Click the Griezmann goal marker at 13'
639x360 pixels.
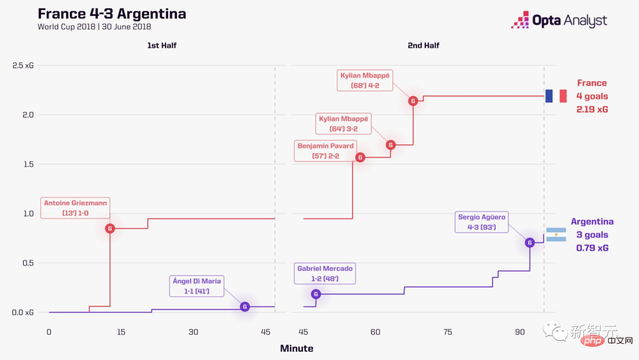pyautogui.click(x=109, y=229)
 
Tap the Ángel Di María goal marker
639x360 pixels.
pyautogui.click(x=245, y=306)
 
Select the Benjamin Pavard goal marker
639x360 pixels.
pyautogui.click(x=360, y=157)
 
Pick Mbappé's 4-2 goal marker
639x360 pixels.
pyautogui.click(x=413, y=101)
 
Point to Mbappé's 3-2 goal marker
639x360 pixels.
pyautogui.click(x=390, y=144)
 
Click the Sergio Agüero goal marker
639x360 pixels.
pyautogui.click(x=530, y=242)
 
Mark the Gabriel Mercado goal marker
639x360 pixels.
pyautogui.click(x=316, y=294)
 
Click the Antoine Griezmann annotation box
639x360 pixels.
pyautogui.click(x=76, y=208)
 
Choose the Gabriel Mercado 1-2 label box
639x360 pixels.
pyautogui.click(x=325, y=274)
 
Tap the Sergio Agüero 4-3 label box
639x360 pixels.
pyautogui.click(x=482, y=222)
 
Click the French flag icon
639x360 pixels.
pyautogui.click(x=556, y=96)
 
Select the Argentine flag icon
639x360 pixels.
pyautogui.click(x=556, y=234)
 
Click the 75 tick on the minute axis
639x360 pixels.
pyautogui.click(x=448, y=332)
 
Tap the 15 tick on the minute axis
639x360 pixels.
pyautogui.click(x=121, y=332)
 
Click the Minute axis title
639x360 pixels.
pyautogui.click(x=296, y=348)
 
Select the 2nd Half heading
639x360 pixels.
pyautogui.click(x=424, y=46)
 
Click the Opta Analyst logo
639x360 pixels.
pyautogui.click(x=559, y=21)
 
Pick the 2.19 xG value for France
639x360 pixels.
pyautogui.click(x=592, y=110)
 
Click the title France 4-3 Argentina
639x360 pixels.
pyautogui.click(x=112, y=14)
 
